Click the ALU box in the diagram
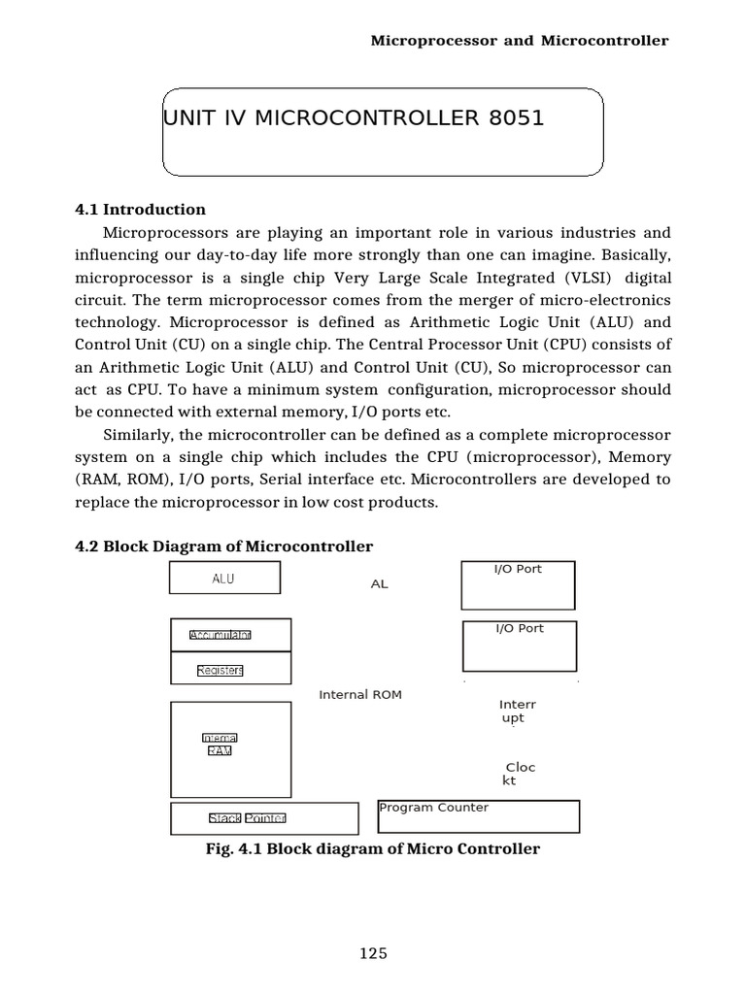pos(224,579)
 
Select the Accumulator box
pos(230,635)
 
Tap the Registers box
pos(230,669)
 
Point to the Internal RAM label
pos(220,745)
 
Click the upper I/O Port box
pos(518,585)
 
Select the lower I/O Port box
pos(519,646)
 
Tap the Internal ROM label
pos(360,695)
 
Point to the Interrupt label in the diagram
pos(517,712)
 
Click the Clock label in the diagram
pos(520,774)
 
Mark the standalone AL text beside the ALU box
pos(379,584)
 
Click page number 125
pos(373,953)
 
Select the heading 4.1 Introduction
pos(140,210)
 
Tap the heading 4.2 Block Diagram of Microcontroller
pos(223,547)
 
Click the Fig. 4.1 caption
pos(373,849)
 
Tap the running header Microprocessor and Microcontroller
pos(521,41)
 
